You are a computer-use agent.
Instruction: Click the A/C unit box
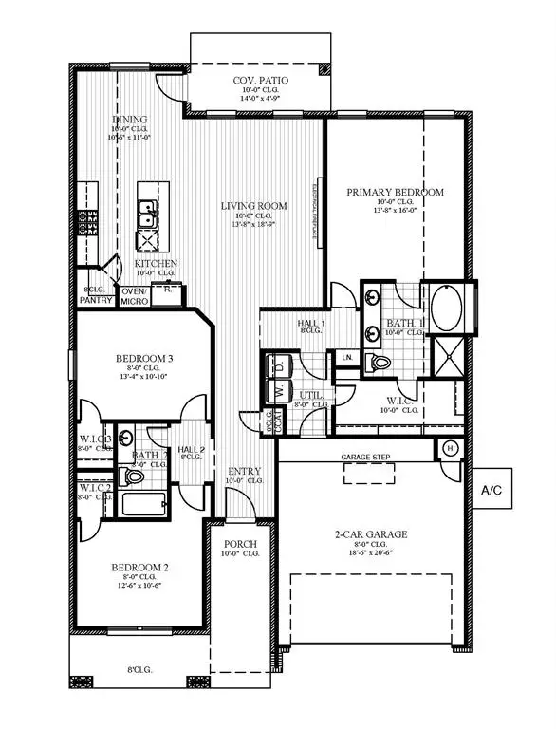pyautogui.click(x=491, y=491)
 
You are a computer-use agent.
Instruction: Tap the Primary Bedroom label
pyautogui.click(x=395, y=192)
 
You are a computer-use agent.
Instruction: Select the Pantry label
pyautogui.click(x=96, y=301)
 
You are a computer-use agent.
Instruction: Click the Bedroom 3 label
pyautogui.click(x=144, y=358)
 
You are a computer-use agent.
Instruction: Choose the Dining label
pyautogui.click(x=130, y=120)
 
